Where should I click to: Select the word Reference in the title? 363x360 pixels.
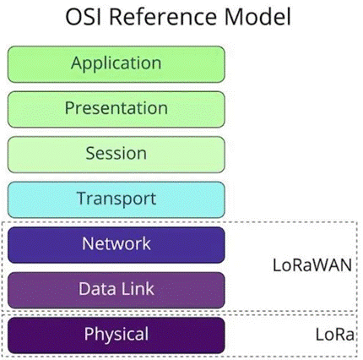[x=163, y=17]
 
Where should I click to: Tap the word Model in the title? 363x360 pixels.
[x=257, y=17]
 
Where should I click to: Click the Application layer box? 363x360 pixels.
[x=116, y=64]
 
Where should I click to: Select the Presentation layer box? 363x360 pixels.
[x=116, y=110]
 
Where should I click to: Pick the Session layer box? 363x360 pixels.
[x=116, y=155]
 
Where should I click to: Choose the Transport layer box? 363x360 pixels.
[x=116, y=199]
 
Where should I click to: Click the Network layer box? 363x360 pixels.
[x=116, y=245]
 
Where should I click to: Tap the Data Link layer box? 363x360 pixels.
[x=116, y=290]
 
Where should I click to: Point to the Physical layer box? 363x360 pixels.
[x=116, y=335]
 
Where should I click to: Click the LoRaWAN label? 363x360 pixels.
[x=312, y=265]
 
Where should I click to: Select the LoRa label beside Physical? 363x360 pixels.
[x=334, y=335]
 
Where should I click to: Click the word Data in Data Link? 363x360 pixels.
[x=98, y=289]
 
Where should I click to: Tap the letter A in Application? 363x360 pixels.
[x=77, y=63]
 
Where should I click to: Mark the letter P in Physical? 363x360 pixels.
[x=89, y=334]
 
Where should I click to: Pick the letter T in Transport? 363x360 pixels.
[x=82, y=199]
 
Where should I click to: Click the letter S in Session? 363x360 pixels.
[x=91, y=153]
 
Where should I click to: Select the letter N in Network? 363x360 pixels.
[x=88, y=243]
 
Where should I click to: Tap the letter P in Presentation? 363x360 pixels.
[x=69, y=108]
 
